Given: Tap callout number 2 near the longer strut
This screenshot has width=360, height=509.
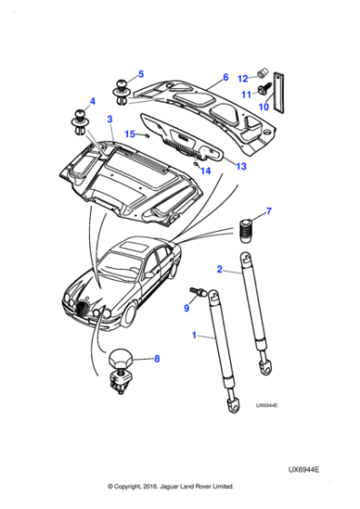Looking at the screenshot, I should tap(219, 269).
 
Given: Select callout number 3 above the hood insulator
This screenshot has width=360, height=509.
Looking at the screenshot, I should tap(109, 119).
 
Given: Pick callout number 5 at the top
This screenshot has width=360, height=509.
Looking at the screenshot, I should tap(140, 74).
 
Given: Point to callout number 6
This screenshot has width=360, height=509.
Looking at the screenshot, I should tap(225, 77).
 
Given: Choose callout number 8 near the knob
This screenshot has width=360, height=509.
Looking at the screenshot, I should tap(155, 358).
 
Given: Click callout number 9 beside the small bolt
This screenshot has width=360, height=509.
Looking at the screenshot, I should tap(186, 308).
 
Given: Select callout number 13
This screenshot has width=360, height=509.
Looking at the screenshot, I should tap(239, 167).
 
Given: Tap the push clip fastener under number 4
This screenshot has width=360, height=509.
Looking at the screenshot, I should tap(79, 121).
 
